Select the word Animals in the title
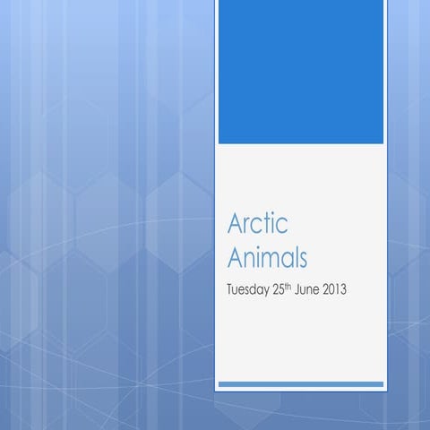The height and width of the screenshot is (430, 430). coord(268,259)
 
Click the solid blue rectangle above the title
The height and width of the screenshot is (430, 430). coord(300,72)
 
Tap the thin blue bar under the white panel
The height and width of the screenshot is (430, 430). coord(300,384)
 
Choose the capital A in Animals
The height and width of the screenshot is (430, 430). coord(237,259)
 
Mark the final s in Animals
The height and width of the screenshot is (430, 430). coord(303,262)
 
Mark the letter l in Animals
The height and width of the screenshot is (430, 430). coord(296,259)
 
